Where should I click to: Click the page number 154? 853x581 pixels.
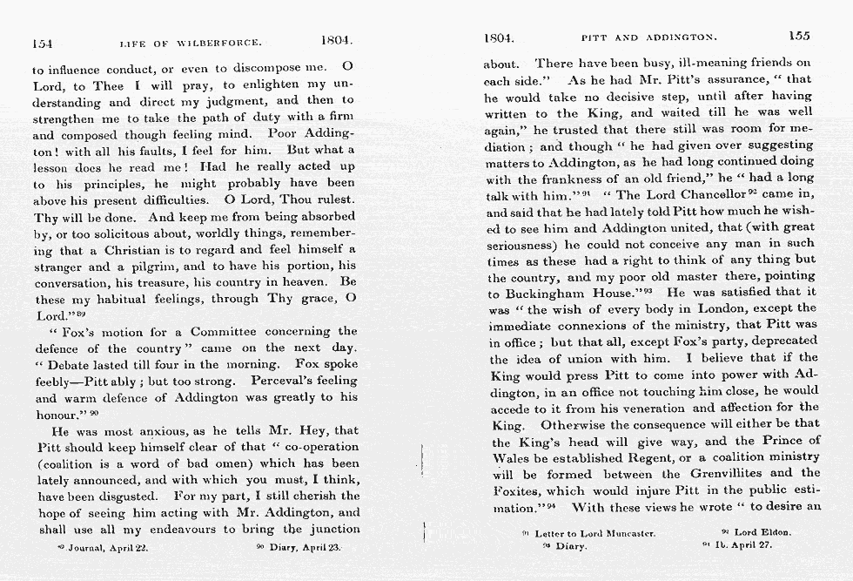click(x=43, y=42)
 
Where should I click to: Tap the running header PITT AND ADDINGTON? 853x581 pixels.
click(x=648, y=37)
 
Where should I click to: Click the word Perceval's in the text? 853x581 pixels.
click(x=280, y=380)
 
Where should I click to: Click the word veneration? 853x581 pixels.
click(x=648, y=407)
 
